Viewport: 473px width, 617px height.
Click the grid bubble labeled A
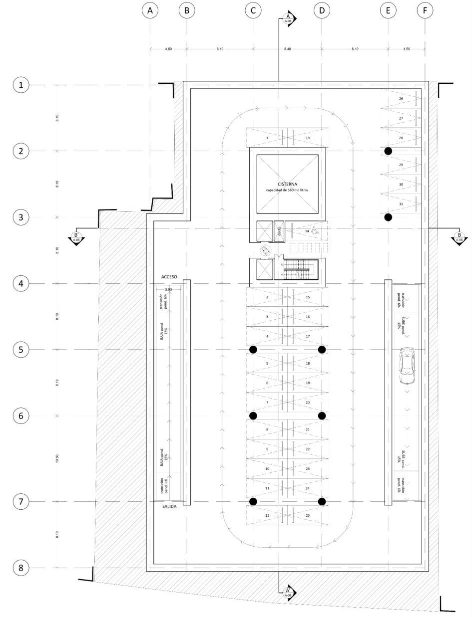(150, 10)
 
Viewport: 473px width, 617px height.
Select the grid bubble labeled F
(425, 10)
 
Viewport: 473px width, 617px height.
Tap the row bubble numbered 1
(20, 85)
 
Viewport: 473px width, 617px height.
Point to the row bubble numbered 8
(20, 568)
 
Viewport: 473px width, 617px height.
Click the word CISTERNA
(287, 184)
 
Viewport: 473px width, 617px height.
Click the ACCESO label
(169, 276)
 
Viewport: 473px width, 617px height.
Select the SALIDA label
(169, 507)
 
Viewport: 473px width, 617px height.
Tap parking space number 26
(401, 99)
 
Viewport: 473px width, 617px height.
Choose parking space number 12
(267, 515)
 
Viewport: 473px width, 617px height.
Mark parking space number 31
(401, 204)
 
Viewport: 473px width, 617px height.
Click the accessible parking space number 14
(307, 231)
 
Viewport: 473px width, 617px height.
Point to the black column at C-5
(253, 350)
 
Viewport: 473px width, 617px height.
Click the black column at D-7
(322, 501)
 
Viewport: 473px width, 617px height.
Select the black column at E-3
(388, 217)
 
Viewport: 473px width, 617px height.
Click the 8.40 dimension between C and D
(287, 49)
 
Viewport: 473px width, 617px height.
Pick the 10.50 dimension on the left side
(57, 458)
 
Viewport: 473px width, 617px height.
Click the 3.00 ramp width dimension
(168, 289)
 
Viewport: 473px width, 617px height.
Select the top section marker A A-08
(288, 19)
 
